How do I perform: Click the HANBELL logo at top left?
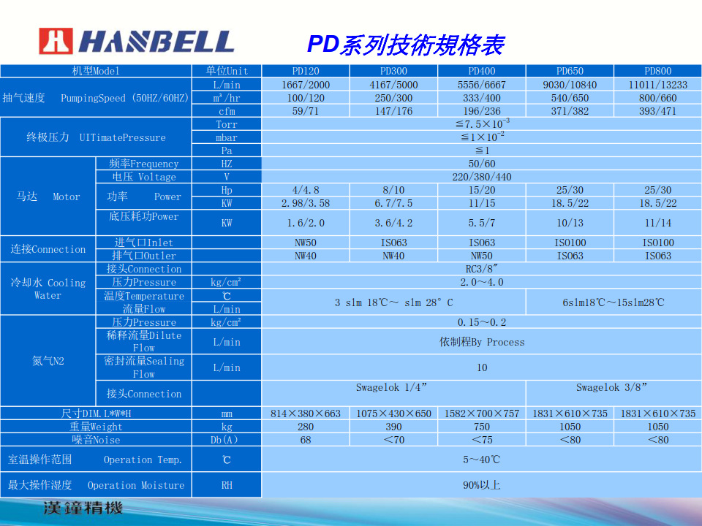[137, 42]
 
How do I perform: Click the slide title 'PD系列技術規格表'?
[405, 45]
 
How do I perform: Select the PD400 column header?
[481, 71]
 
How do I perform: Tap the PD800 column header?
[657, 71]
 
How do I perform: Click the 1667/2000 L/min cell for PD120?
[306, 85]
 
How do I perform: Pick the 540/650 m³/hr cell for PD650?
[570, 98]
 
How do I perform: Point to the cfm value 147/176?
[393, 111]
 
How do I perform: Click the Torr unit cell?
[227, 124]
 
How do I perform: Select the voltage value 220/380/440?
[481, 177]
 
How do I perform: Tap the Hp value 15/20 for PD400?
[481, 190]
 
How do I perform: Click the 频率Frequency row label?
[143, 164]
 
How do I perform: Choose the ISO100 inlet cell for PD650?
[570, 243]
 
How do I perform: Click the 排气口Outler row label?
[143, 256]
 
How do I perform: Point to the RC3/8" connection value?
[481, 269]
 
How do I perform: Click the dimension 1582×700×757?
[481, 413]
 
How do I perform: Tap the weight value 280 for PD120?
[306, 427]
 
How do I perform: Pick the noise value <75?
[481, 440]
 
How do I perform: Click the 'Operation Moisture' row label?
[96, 485]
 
